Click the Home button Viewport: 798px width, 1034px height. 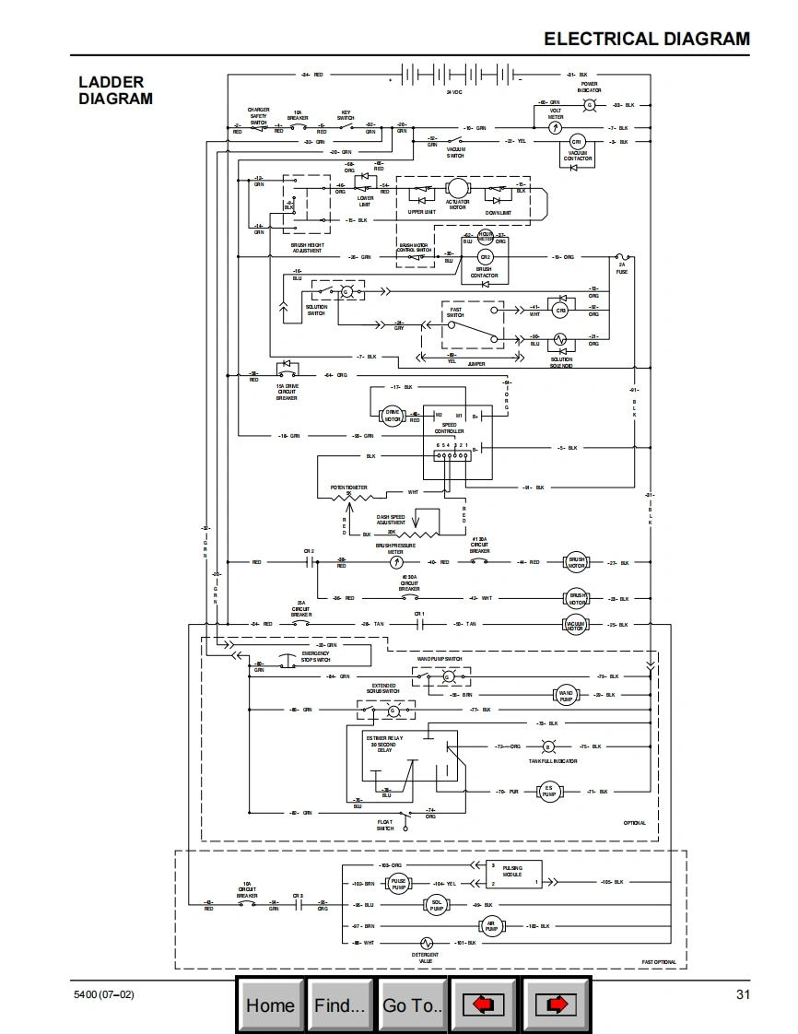pos(270,1005)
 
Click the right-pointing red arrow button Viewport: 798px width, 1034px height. pos(557,1005)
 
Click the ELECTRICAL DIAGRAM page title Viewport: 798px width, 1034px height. pos(647,39)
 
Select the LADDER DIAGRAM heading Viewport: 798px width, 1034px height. pos(115,90)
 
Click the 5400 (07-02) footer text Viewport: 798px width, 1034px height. pos(104,994)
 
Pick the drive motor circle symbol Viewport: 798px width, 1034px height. pos(393,417)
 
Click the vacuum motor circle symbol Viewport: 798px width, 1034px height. pos(577,625)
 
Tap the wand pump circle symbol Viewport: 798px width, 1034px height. pos(566,695)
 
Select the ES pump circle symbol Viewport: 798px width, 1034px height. pos(548,791)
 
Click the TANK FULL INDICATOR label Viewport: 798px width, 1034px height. pos(553,761)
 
